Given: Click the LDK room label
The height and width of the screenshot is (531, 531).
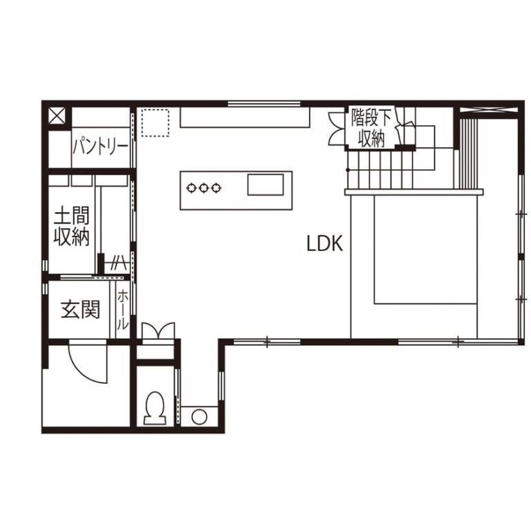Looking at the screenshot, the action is (324, 243).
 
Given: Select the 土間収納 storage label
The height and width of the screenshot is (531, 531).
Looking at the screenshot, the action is (71, 227).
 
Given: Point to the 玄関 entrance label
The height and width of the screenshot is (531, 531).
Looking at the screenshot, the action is (80, 310).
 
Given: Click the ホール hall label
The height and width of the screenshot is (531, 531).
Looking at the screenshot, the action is (122, 310).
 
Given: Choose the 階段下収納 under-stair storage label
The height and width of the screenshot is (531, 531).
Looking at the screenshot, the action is (371, 127).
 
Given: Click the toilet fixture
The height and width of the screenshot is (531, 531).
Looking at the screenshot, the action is (156, 408).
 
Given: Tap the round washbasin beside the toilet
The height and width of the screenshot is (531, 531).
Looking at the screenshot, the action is (199, 416).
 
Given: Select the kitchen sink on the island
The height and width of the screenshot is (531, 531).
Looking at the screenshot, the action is (265, 185).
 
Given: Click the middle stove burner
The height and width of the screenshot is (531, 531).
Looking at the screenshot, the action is (203, 187).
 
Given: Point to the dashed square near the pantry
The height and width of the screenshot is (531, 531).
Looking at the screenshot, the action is (155, 122).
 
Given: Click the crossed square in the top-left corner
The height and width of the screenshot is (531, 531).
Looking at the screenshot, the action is (56, 115).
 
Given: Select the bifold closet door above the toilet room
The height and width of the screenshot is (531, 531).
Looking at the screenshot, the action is (158, 330).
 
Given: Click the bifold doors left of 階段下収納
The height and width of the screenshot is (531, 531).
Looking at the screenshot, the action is (337, 129).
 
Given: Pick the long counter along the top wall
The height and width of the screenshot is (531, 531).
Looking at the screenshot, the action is (245, 117).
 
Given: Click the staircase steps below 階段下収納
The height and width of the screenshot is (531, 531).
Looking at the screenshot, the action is (380, 169).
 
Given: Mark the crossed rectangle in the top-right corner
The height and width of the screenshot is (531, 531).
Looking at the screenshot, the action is (489, 110).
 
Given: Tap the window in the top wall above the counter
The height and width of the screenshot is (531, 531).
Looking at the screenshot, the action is (264, 104).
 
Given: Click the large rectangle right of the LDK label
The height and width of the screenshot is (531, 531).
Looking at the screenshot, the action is (426, 250).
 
